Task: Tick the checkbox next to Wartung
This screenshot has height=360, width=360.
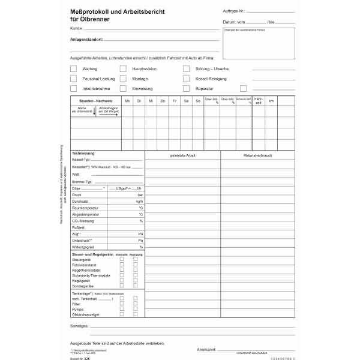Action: (x=73, y=69)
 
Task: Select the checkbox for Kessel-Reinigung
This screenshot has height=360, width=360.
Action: (x=187, y=79)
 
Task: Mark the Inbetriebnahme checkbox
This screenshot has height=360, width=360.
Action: (x=73, y=88)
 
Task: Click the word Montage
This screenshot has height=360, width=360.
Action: (x=140, y=79)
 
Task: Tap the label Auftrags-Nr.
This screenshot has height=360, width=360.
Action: (x=234, y=11)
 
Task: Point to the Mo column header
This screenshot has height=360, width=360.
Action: (x=127, y=101)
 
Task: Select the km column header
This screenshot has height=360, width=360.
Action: (x=271, y=101)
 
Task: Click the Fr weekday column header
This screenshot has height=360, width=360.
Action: (x=174, y=101)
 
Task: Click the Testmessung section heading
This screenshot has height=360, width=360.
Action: (x=83, y=153)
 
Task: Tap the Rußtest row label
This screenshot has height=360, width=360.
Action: (x=79, y=227)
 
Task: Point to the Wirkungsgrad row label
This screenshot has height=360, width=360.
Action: (x=83, y=247)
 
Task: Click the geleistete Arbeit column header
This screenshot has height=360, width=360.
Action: (x=182, y=155)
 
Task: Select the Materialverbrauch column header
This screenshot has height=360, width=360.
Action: (x=258, y=155)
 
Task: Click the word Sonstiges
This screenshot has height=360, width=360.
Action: (x=80, y=325)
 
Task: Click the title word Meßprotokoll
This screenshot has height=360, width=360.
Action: (x=91, y=11)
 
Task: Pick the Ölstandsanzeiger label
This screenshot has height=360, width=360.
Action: (x=86, y=314)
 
